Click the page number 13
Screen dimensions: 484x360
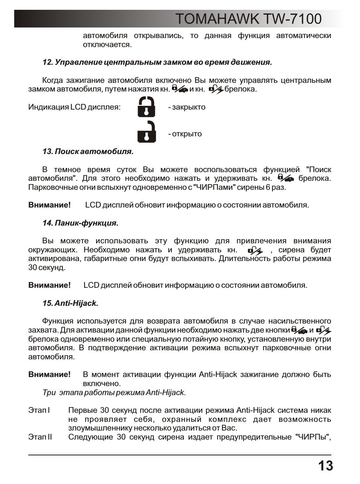325,466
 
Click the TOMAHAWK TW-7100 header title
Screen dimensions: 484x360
248,19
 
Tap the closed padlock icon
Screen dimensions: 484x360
146,107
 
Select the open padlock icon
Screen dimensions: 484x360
147,132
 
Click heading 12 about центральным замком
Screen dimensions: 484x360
157,62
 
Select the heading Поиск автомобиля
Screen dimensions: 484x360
88,152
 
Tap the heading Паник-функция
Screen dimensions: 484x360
80,223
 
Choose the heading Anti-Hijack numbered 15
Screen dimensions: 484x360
70,303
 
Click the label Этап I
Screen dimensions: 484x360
39,410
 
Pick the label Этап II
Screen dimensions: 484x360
40,437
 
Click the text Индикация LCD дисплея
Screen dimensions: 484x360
74,107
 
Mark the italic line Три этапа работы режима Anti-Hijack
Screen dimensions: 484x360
114,392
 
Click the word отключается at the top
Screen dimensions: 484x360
107,45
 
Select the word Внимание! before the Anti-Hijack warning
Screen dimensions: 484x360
49,374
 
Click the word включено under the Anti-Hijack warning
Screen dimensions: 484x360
101,383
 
